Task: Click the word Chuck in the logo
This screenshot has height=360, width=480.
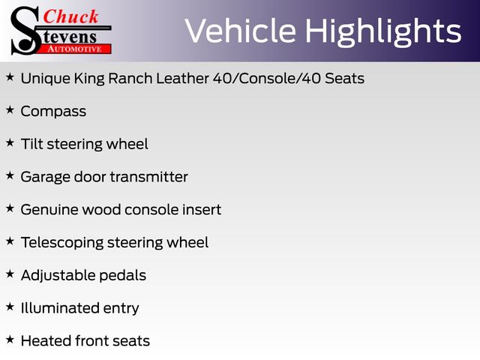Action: (x=70, y=16)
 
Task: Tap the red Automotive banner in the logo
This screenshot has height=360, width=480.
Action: (x=75, y=49)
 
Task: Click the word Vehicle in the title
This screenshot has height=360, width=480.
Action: (x=241, y=31)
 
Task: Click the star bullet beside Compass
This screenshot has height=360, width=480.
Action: (x=10, y=109)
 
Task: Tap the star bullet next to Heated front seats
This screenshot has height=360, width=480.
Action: (x=10, y=339)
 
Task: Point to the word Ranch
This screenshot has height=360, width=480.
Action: (x=130, y=78)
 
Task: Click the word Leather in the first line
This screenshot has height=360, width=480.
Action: (x=183, y=78)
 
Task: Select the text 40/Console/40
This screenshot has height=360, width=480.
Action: (x=267, y=78)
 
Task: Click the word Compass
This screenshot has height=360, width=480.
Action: (x=53, y=112)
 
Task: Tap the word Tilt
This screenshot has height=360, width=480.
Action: (x=31, y=144)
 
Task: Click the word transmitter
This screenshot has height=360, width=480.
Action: (x=149, y=177)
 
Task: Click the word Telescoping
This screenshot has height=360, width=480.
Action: (x=62, y=243)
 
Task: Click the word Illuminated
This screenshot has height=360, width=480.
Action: (x=60, y=308)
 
